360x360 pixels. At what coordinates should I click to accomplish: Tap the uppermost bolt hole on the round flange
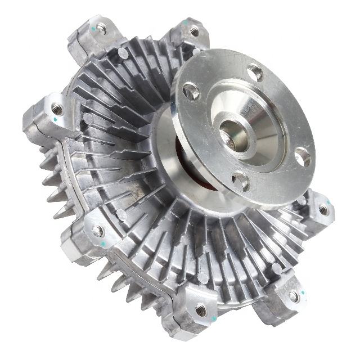tap(255, 72)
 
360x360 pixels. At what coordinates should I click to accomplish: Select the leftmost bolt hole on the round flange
tap(191, 91)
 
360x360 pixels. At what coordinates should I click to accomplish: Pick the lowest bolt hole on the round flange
tap(241, 181)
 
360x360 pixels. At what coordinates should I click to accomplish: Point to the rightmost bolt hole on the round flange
tap(302, 159)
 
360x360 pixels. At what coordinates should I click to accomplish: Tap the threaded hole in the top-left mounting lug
tap(101, 27)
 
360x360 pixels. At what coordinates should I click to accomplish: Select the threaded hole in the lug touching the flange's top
tap(194, 31)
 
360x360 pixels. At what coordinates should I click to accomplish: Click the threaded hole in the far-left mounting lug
tap(57, 109)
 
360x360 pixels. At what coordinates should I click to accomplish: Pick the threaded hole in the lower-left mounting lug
tap(98, 231)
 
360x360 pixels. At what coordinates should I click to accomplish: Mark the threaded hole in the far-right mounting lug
tap(323, 210)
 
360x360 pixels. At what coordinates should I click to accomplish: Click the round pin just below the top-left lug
tap(122, 54)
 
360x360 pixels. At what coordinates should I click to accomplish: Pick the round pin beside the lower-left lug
tap(120, 214)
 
